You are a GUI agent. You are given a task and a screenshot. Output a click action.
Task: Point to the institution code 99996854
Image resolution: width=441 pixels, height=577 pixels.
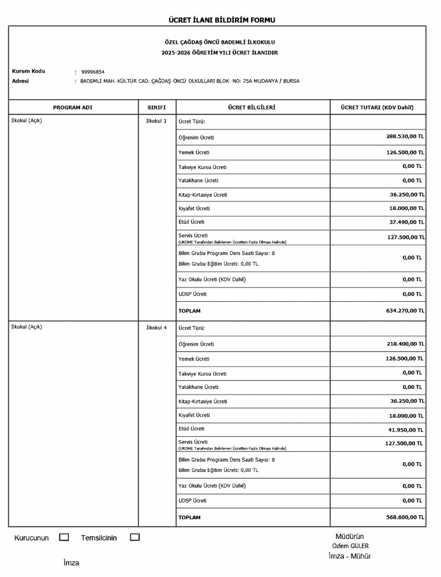tap(93, 72)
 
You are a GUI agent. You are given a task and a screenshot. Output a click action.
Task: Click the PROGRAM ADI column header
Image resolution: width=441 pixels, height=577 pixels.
tap(73, 107)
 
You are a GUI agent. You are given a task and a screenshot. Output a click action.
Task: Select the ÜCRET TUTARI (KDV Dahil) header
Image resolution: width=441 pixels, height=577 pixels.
tap(378, 107)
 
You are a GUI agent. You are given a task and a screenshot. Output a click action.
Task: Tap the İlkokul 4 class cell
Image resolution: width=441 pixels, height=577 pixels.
tap(156, 327)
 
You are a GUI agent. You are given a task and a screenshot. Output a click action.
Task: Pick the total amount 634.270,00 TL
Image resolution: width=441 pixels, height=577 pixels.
tap(405, 310)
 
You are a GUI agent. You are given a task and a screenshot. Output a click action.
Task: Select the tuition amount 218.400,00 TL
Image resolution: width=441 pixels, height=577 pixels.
tap(405, 344)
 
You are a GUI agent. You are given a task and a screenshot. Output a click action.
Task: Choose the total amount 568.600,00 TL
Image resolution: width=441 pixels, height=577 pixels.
tap(405, 517)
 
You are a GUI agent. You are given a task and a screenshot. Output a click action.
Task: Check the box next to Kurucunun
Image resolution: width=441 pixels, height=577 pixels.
tap(64, 537)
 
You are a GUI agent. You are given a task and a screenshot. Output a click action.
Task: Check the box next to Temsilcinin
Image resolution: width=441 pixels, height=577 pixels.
tap(134, 537)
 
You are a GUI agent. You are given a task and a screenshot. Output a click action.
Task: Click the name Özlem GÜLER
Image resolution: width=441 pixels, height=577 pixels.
tap(350, 546)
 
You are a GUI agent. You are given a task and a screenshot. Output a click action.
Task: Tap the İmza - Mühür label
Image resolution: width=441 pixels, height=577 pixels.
tap(349, 556)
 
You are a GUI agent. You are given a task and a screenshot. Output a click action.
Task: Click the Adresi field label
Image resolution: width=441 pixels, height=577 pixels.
tap(21, 81)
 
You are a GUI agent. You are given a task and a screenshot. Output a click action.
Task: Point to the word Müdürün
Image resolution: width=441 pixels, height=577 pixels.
tap(350, 537)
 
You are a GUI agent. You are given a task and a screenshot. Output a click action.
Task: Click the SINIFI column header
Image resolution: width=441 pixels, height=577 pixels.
tap(157, 107)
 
